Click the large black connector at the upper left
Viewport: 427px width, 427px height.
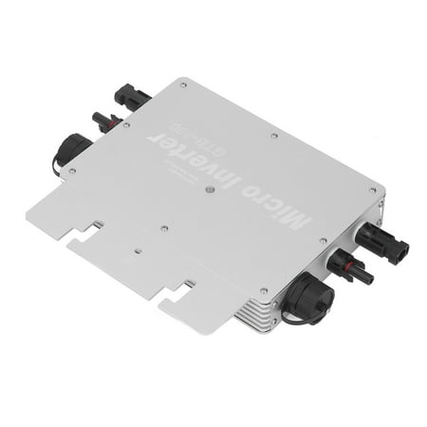click(x=130, y=97)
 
